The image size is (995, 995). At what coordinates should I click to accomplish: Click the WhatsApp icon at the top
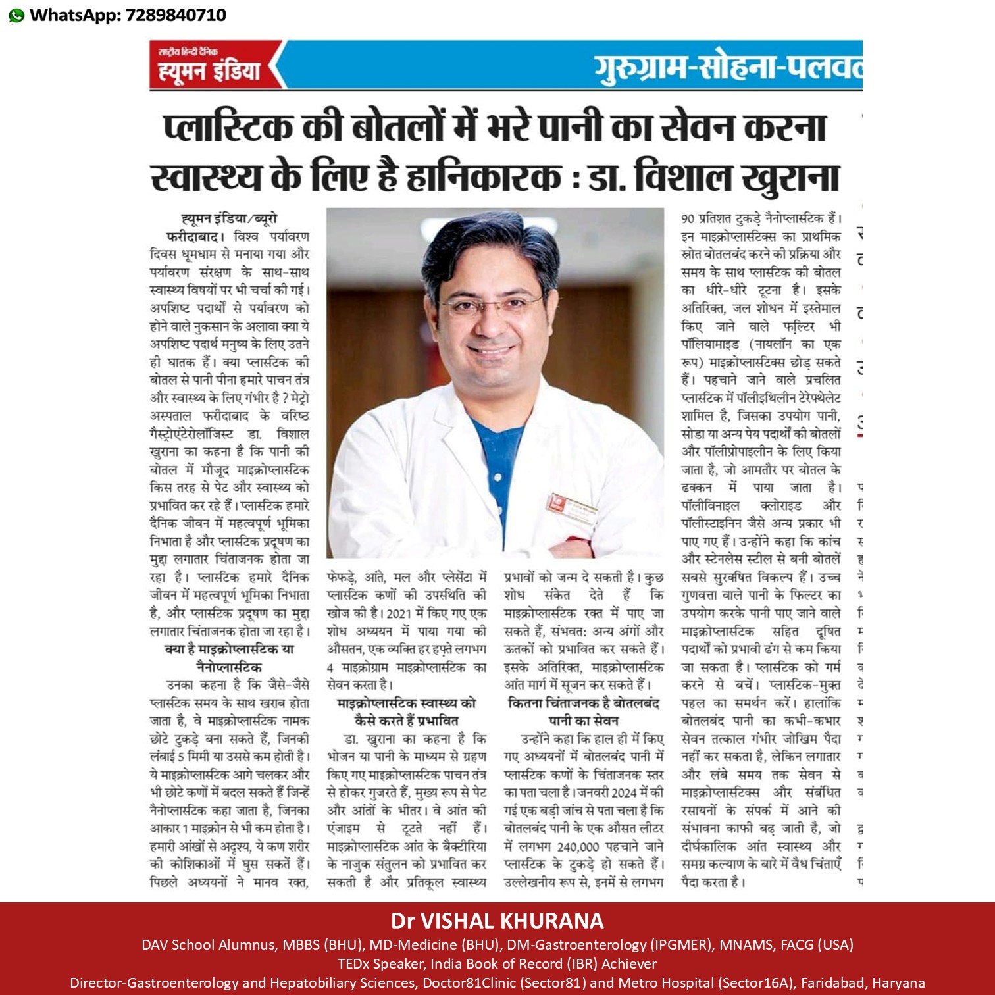pos(16,15)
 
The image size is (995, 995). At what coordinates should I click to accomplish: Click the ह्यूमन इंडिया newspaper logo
pos(209,65)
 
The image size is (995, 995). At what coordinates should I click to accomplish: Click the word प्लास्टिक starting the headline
pos(228,128)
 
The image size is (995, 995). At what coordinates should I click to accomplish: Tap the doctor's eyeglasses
pos(491,304)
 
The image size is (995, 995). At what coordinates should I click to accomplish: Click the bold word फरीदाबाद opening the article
pos(195,236)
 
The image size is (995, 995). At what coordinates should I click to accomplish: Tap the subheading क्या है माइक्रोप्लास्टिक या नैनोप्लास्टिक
pos(229,658)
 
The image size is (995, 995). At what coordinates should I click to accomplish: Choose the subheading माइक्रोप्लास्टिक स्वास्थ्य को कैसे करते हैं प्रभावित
pos(406,711)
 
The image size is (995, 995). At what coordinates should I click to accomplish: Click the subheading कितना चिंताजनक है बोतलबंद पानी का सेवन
pos(583,711)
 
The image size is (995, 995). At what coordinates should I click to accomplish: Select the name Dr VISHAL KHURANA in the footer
pos(497,921)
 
